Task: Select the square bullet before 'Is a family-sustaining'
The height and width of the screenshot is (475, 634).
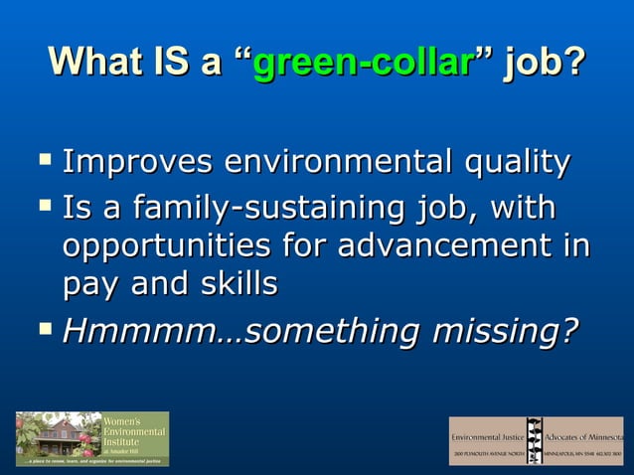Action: pos(44,206)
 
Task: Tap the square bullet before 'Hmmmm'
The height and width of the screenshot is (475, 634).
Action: pos(44,327)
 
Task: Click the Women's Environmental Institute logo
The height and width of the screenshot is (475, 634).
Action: pos(91,438)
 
